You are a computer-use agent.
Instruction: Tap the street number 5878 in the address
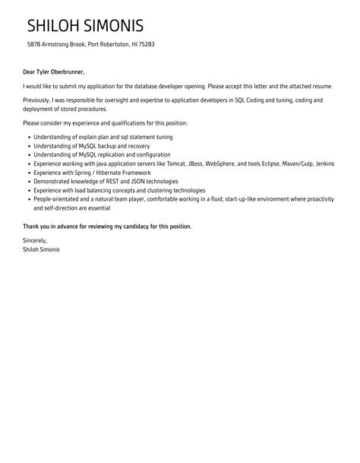point(34,45)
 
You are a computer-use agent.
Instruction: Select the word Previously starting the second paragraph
point(38,100)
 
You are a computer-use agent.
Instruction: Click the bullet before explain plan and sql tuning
point(27,137)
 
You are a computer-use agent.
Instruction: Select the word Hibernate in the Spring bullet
point(104,173)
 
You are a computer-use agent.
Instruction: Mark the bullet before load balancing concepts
point(27,190)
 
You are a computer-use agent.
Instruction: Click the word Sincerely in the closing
point(37,240)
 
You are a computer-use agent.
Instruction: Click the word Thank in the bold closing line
point(32,227)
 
